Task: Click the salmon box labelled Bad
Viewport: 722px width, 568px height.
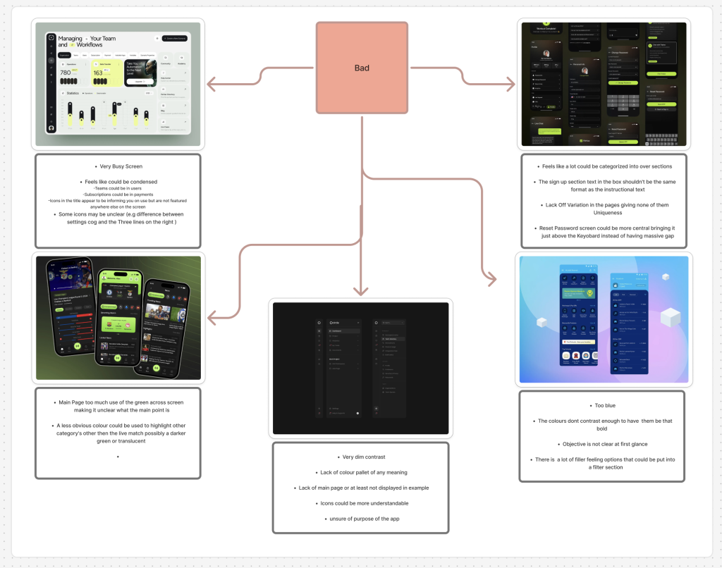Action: coord(361,68)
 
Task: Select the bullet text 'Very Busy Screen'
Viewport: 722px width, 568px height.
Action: coord(121,166)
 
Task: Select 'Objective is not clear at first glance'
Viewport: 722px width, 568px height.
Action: coord(604,444)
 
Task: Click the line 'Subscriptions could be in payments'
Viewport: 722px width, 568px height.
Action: coord(118,194)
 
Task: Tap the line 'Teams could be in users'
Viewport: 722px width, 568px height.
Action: coord(118,187)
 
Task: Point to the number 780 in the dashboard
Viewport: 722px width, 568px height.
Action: coord(65,73)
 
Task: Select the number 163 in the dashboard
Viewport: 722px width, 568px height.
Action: coord(98,73)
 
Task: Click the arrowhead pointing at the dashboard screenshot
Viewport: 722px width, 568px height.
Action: coord(210,86)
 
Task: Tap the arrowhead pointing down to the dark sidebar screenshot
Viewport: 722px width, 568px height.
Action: coord(361,290)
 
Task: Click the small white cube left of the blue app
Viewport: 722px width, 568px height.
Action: coord(541,323)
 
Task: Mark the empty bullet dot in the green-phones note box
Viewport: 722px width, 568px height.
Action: coord(118,457)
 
